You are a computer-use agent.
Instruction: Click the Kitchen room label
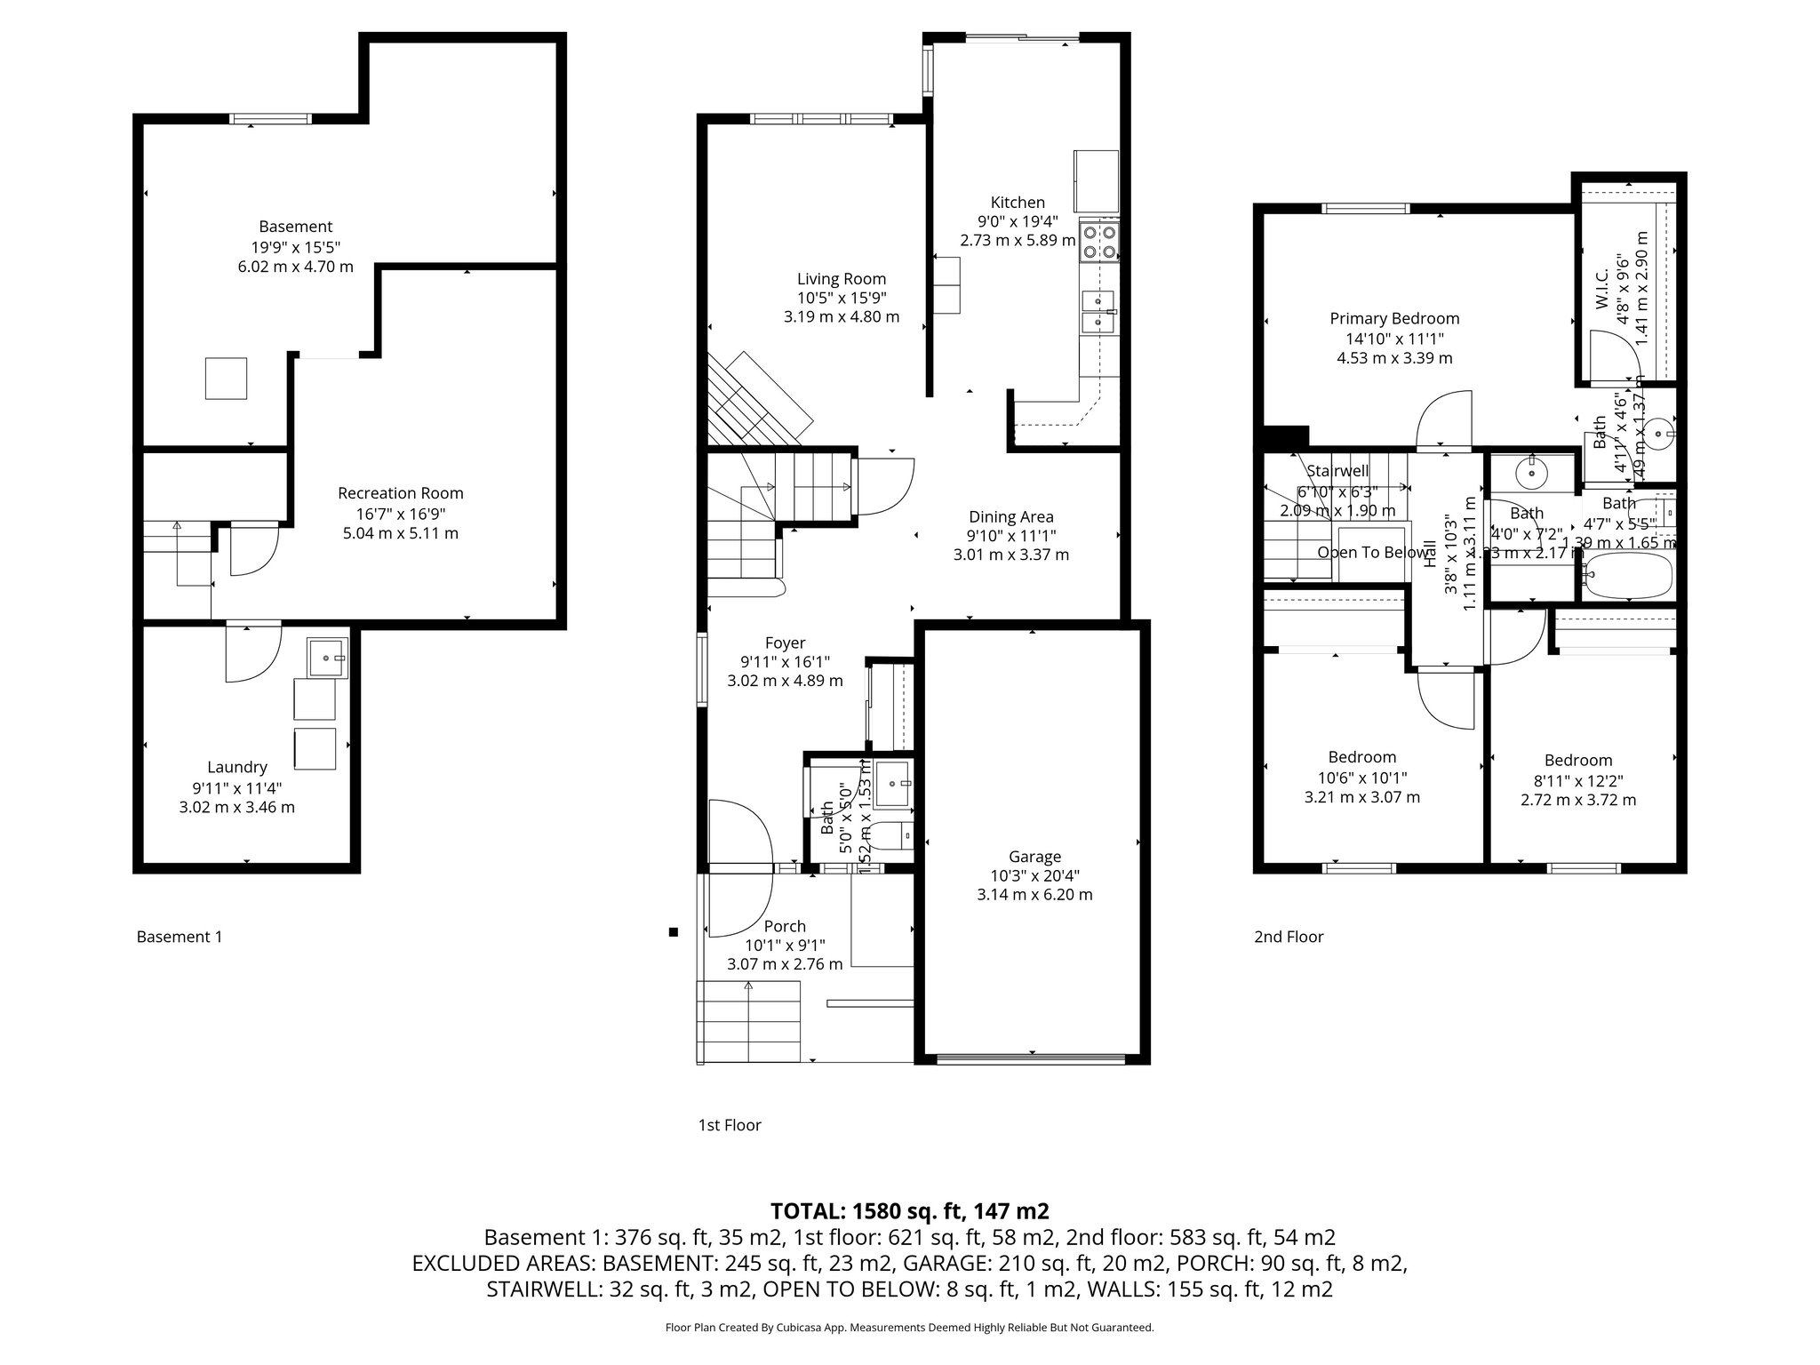coord(1018,203)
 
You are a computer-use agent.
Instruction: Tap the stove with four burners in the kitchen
coord(1099,243)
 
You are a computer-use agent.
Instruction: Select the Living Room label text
coord(841,279)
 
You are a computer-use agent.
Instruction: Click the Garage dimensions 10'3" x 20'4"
coord(1034,875)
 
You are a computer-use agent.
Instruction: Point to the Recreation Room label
coord(400,493)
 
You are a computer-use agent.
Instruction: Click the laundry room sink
coord(328,658)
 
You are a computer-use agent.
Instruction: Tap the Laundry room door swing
coord(251,654)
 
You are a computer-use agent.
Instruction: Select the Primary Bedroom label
coord(1393,318)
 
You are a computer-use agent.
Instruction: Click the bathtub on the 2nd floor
coord(1630,577)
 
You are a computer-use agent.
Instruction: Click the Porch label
coord(785,926)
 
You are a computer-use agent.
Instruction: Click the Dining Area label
coord(1010,516)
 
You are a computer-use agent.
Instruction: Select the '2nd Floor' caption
coord(1288,937)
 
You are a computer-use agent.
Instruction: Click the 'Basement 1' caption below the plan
coord(179,937)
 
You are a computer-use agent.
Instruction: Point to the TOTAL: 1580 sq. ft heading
coord(909,1210)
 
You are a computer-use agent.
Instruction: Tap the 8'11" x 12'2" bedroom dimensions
coord(1577,799)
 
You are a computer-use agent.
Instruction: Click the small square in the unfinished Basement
coord(226,379)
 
